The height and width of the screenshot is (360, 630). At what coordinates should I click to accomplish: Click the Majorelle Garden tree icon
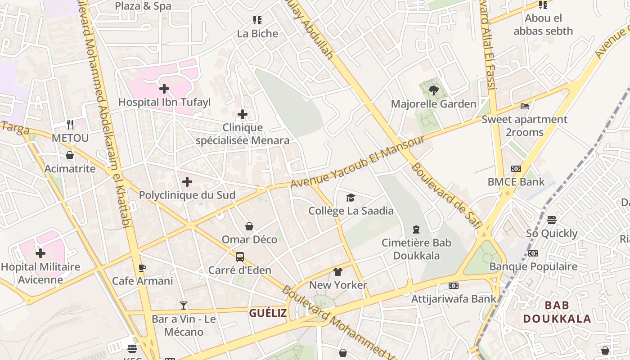434,90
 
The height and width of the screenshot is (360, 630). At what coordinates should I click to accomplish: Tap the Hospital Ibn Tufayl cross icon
164,89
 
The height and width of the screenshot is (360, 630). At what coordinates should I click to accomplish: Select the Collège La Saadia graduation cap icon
351,198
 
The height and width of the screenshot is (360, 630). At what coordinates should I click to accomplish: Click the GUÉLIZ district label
268,313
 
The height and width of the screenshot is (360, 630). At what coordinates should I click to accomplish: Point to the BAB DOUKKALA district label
557,312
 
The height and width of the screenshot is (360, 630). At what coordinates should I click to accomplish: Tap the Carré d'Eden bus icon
240,257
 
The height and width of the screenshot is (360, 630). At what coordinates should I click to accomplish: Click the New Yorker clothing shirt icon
338,272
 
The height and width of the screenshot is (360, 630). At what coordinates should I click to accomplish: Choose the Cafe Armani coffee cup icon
142,268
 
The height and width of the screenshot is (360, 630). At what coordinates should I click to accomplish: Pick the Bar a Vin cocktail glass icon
184,306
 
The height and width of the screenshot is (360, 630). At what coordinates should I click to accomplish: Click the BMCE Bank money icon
516,169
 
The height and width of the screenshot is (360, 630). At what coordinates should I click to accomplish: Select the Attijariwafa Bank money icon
454,286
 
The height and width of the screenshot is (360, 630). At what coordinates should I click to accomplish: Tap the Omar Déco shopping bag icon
249,226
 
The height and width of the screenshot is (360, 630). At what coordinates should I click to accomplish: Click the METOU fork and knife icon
70,124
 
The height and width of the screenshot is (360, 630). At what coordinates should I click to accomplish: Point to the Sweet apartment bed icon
524,106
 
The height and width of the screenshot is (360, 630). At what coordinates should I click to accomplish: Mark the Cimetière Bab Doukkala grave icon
416,229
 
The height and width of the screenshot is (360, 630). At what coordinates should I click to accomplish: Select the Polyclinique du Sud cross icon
187,182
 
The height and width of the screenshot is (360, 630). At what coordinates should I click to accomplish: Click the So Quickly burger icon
552,220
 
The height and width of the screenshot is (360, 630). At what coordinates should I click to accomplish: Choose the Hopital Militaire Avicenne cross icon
40,253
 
